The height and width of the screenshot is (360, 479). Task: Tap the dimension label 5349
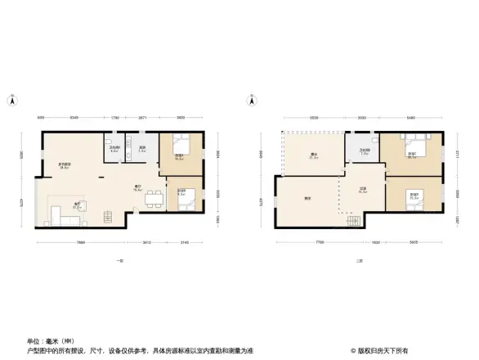[74, 117]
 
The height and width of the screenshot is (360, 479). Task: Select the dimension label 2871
[142, 117]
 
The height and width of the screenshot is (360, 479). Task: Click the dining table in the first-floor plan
[150, 198]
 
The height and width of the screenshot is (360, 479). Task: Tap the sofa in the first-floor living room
[57, 214]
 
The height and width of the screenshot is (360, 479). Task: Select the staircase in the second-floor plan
[352, 221]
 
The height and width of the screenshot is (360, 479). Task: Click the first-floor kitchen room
[141, 148]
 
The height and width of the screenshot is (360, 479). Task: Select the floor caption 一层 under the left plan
[119, 260]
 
